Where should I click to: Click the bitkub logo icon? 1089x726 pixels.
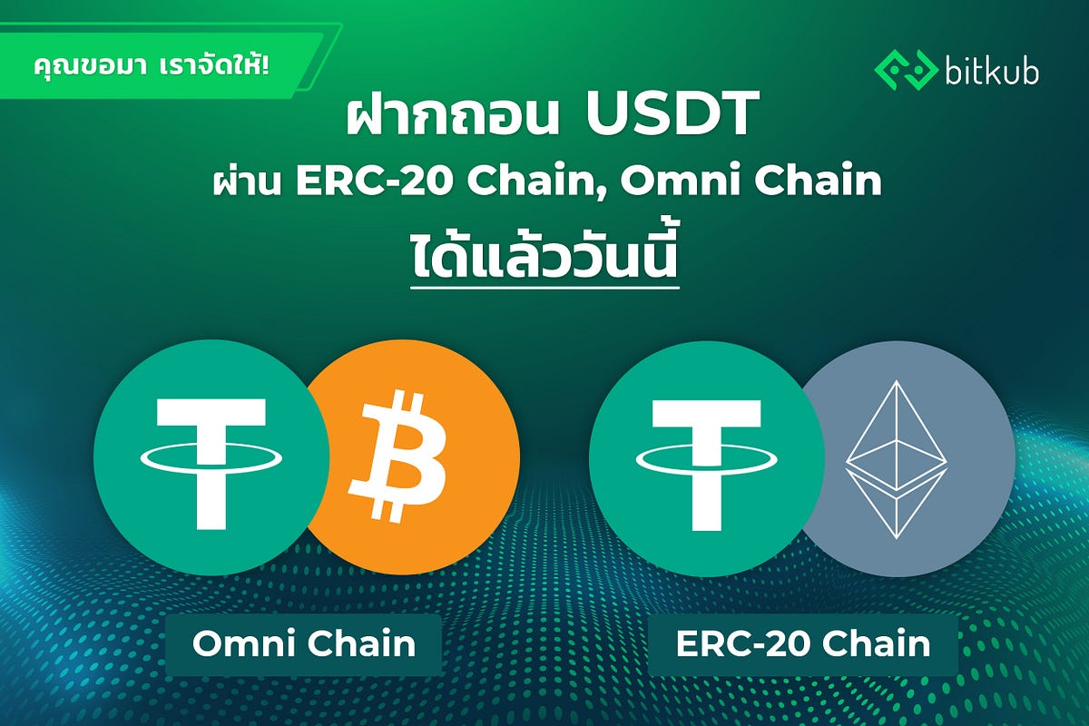(x=907, y=71)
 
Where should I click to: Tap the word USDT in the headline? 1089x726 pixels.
(x=672, y=113)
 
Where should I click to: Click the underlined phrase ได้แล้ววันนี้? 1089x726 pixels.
(x=544, y=258)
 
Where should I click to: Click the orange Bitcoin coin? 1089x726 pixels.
(x=413, y=456)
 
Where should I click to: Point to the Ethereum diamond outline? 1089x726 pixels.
(x=897, y=459)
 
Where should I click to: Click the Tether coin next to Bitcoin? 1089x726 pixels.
(x=211, y=457)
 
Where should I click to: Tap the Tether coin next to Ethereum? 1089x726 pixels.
(x=707, y=458)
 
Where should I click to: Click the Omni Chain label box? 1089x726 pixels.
(x=303, y=644)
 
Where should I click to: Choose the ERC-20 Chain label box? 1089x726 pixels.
(x=803, y=644)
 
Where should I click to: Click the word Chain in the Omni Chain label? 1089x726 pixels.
(x=362, y=643)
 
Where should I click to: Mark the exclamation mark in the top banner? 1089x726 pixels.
(x=264, y=65)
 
